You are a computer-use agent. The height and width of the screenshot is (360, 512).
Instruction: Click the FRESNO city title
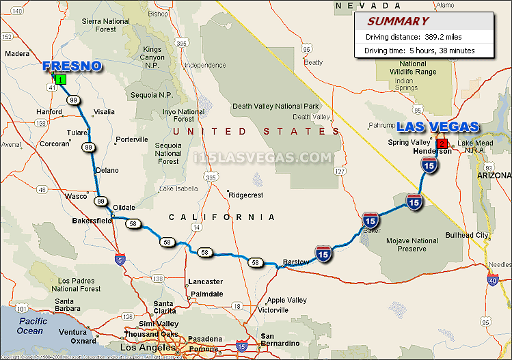[72, 66]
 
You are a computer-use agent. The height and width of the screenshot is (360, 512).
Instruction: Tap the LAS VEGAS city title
[437, 127]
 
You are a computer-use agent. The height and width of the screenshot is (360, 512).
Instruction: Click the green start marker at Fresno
[60, 80]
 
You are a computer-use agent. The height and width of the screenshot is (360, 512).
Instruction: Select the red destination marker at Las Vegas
[442, 143]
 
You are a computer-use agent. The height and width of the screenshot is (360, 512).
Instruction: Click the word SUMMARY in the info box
[398, 21]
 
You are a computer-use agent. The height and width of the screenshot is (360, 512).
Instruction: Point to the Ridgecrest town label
[245, 195]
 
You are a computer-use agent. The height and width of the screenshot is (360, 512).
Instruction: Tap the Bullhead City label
[467, 236]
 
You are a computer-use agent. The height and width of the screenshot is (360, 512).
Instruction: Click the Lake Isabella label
[178, 189]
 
